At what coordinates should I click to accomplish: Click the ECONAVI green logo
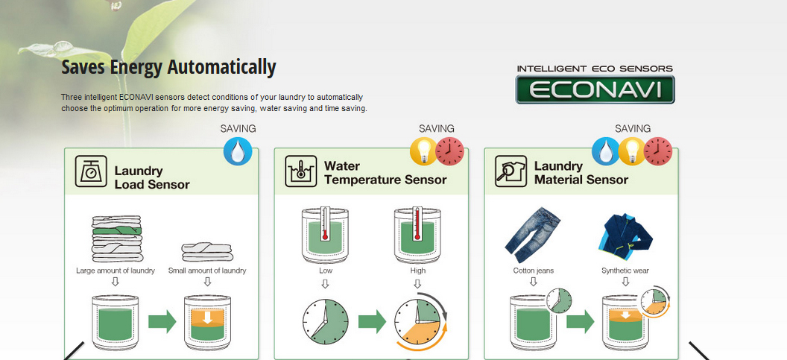point(595,89)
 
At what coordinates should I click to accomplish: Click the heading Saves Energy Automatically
point(168,67)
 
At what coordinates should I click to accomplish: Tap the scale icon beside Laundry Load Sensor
point(91,171)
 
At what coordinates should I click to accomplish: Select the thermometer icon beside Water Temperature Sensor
point(300,171)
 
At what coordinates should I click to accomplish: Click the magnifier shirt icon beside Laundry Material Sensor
point(511,171)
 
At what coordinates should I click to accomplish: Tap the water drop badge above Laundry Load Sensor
point(238,151)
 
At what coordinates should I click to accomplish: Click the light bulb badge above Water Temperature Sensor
point(424,151)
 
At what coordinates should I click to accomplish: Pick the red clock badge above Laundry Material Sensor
point(658,151)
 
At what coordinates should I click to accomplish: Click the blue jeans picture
point(532,235)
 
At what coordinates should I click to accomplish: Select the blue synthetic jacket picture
point(625,234)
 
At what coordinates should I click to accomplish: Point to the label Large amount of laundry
point(116,271)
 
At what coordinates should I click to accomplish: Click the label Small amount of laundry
point(207,271)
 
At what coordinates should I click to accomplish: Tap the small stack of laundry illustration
point(206,253)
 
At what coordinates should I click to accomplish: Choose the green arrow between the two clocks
point(372,321)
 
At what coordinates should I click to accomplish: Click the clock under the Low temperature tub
point(325,321)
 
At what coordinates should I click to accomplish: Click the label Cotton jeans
point(534,271)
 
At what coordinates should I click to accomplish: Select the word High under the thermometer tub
point(417,271)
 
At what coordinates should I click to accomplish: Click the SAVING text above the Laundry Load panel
point(238,128)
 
